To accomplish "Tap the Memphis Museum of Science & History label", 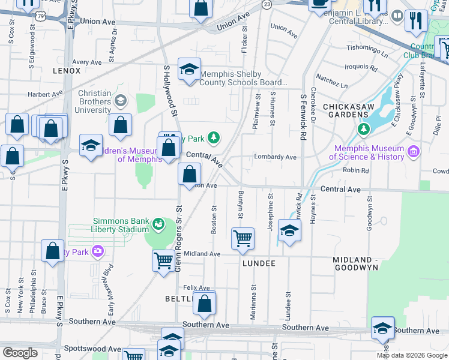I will click(369, 152).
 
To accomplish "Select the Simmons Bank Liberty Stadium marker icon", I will click(158, 224).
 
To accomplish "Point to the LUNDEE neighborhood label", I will click(259, 263).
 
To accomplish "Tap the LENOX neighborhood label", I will click(67, 70).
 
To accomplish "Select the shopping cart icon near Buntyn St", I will click(243, 238).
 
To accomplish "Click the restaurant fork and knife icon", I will click(415, 21).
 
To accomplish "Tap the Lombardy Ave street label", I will click(275, 157).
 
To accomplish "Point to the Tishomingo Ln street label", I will click(363, 47).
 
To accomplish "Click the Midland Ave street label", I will click(202, 254).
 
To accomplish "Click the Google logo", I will click(20, 353).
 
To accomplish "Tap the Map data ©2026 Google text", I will click(412, 355).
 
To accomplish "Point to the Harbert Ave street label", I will click(45, 94).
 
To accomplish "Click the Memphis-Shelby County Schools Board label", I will click(243, 79).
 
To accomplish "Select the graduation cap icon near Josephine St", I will click(289, 232).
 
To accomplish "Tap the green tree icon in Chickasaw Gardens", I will click(363, 128).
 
